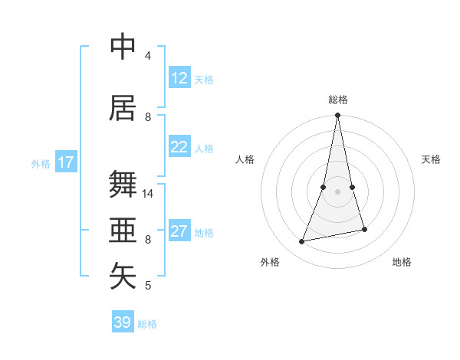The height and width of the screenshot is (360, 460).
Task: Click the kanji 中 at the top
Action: click(123, 47)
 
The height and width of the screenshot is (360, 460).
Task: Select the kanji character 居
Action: click(123, 109)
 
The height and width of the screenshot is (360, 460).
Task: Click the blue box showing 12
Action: click(179, 78)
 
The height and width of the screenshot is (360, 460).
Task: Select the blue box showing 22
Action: click(179, 147)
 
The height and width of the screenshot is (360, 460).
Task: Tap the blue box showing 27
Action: click(179, 231)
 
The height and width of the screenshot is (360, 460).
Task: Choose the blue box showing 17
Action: click(66, 162)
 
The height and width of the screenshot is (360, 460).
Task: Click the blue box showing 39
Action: click(123, 322)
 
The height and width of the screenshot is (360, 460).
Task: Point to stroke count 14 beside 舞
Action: click(148, 194)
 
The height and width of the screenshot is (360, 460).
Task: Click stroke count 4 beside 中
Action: click(148, 56)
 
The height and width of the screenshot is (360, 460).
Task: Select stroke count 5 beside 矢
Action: click(148, 286)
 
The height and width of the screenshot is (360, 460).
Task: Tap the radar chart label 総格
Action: click(338, 100)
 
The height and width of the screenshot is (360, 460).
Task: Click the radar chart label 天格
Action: click(432, 159)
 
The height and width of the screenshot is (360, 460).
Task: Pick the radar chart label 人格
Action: click(245, 159)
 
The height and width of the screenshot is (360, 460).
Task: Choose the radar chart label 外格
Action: click(270, 262)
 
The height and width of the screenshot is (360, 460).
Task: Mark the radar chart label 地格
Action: click(402, 262)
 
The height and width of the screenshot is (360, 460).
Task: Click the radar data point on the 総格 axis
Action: click(337, 116)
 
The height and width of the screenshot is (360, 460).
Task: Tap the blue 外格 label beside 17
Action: click(41, 163)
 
